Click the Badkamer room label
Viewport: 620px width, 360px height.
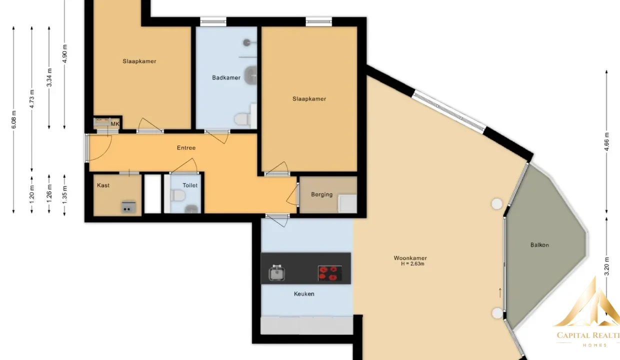pyautogui.click(x=226, y=78)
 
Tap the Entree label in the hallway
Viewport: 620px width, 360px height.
pyautogui.click(x=186, y=148)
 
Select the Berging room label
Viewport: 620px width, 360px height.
pyautogui.click(x=321, y=194)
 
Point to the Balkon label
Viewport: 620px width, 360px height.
pyautogui.click(x=539, y=245)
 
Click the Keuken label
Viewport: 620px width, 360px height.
pyautogui.click(x=304, y=294)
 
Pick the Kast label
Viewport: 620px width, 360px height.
pyautogui.click(x=103, y=185)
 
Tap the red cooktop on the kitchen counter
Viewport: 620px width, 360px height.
pyautogui.click(x=329, y=273)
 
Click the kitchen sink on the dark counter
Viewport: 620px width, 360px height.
pyautogui.click(x=276, y=273)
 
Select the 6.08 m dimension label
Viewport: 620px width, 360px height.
pyautogui.click(x=14, y=119)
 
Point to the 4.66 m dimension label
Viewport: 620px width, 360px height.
pyautogui.click(x=606, y=141)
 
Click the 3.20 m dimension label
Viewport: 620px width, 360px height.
pyautogui.click(x=606, y=266)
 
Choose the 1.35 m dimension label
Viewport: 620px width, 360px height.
pyautogui.click(x=64, y=195)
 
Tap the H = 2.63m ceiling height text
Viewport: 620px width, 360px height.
pyautogui.click(x=412, y=264)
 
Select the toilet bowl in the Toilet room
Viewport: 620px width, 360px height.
pyautogui.click(x=177, y=195)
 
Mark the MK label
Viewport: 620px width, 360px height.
pyautogui.click(x=115, y=124)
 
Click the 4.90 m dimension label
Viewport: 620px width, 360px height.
pyautogui.click(x=64, y=53)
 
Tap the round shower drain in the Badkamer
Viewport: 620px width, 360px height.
pyautogui.click(x=246, y=42)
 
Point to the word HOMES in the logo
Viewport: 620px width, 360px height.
pyautogui.click(x=595, y=345)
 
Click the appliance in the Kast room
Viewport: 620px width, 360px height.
pyautogui.click(x=128, y=207)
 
